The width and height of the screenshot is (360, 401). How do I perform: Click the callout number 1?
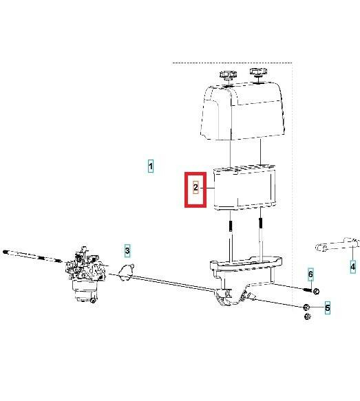tap(151, 166)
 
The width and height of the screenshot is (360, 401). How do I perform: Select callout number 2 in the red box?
tap(196, 187)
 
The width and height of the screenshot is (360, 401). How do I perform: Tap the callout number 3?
tap(127, 251)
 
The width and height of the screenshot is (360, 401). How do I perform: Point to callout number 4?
tap(352, 266)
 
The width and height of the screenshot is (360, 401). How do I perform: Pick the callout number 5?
tap(327, 308)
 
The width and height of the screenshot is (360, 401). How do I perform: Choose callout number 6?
tap(310, 276)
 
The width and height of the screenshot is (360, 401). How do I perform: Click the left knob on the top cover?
tap(228, 74)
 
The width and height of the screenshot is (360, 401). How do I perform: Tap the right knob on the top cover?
tap(259, 72)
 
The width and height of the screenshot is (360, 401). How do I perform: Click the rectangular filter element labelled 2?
tap(244, 187)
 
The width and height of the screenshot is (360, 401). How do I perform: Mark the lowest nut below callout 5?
tap(308, 316)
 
